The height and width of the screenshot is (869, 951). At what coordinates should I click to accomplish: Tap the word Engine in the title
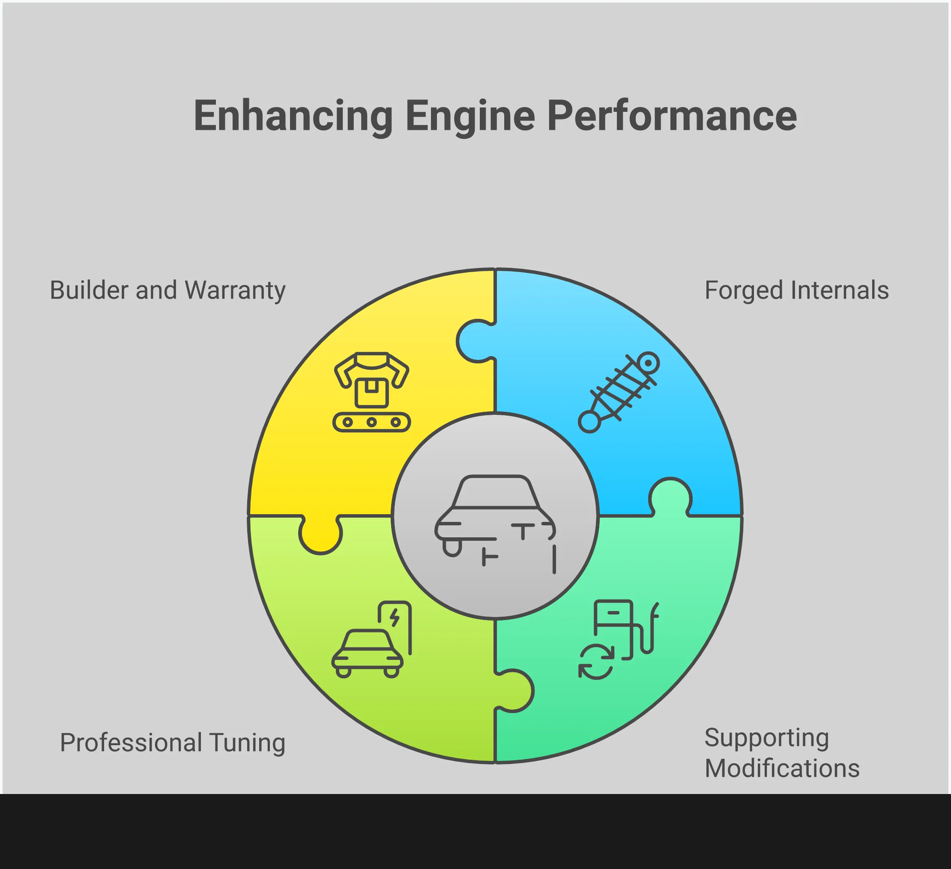(470, 116)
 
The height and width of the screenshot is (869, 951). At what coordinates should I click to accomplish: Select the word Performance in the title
(672, 116)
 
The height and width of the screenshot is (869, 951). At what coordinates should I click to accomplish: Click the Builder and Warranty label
(167, 290)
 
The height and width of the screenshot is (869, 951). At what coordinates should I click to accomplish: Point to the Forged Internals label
(796, 290)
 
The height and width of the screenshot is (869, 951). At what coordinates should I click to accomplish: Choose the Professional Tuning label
(172, 742)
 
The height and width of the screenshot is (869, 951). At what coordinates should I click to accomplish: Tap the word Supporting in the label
(766, 737)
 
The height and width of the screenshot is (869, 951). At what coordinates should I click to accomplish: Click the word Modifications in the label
(782, 768)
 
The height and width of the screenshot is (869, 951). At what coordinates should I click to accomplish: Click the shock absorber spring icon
(619, 393)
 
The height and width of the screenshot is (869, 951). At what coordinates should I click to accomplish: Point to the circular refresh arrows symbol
(596, 662)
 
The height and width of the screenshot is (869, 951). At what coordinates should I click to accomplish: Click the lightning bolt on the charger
(395, 617)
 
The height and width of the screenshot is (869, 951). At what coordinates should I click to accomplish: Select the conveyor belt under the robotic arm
(372, 422)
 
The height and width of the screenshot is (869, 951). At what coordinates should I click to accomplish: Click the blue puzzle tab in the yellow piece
(476, 341)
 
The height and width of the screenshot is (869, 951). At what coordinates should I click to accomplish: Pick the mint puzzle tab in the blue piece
(670, 498)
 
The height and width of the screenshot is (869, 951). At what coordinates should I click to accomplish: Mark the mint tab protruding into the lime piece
(514, 690)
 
